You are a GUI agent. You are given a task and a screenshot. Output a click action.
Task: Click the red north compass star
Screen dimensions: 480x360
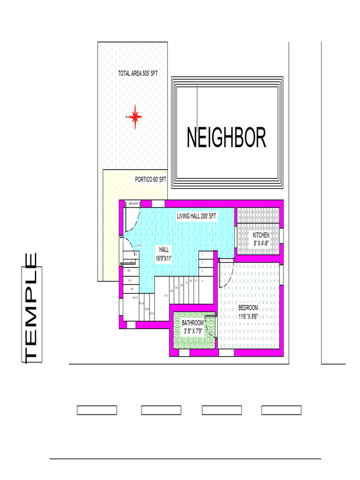tap(135, 117)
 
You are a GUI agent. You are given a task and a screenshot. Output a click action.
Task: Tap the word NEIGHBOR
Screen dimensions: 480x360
tap(226, 138)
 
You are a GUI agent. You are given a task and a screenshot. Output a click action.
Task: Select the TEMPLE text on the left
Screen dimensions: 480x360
tap(32, 308)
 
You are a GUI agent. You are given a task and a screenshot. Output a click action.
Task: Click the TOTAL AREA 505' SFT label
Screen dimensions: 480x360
tap(137, 74)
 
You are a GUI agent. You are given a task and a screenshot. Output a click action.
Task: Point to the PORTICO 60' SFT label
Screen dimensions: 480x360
tap(150, 180)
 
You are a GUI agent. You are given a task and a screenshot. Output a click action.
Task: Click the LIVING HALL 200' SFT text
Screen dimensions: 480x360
tap(196, 217)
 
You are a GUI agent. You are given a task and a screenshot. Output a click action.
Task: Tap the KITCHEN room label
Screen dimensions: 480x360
tap(261, 235)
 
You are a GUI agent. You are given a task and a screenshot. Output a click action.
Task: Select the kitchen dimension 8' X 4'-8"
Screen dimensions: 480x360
tap(261, 243)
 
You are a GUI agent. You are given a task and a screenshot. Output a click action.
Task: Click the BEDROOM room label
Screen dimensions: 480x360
tap(248, 308)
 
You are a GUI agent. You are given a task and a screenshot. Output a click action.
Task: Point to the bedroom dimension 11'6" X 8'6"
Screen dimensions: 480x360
tap(248, 316)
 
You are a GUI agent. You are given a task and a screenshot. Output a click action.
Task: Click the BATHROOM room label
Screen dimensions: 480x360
tap(193, 323)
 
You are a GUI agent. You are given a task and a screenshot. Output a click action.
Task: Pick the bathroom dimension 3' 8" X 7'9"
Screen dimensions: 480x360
tap(193, 331)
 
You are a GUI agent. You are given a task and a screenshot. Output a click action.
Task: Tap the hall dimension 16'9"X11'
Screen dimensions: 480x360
tap(164, 258)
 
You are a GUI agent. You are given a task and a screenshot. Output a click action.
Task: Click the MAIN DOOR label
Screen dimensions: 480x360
tap(133, 203)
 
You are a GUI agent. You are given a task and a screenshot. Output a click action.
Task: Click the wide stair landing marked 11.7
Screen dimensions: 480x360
tap(166, 296)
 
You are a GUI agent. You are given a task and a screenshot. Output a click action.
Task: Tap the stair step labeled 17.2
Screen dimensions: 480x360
tap(130, 280)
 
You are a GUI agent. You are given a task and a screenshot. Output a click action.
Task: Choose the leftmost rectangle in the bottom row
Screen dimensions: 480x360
tap(97, 411)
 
